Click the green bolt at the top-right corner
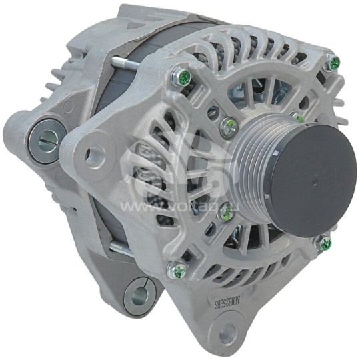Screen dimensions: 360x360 [x=334, y=63]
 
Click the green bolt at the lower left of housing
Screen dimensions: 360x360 [x=179, y=271]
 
